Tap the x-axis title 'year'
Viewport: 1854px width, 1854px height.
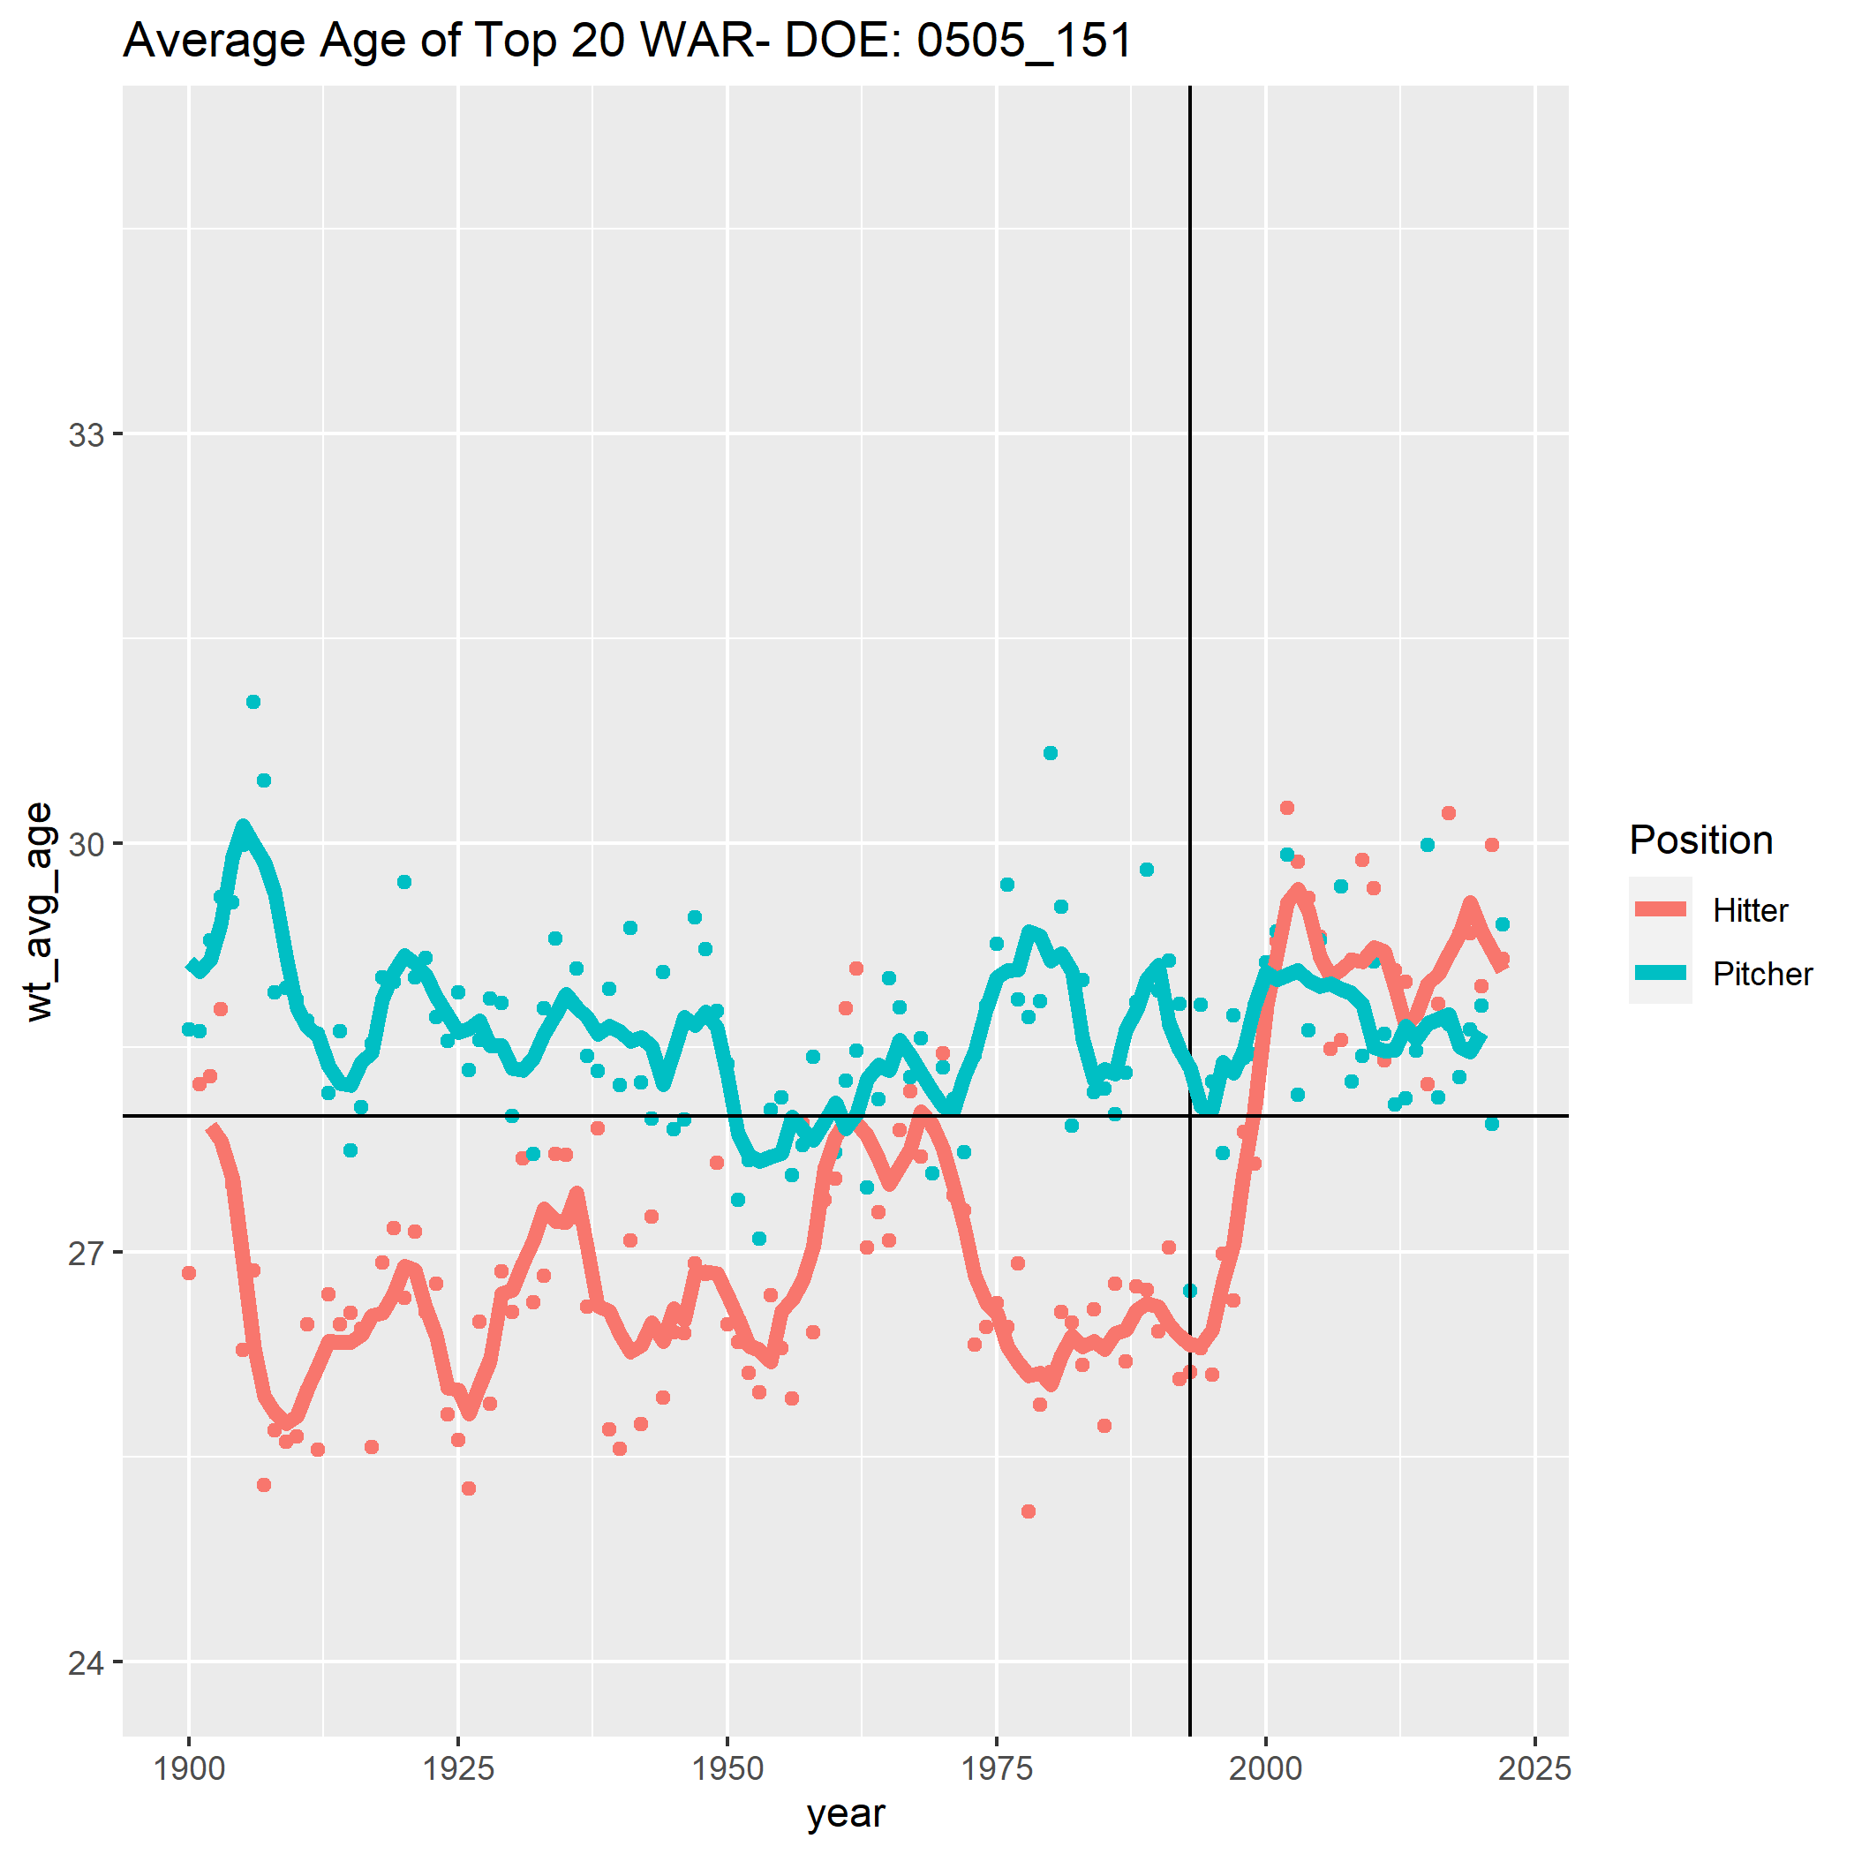pos(846,1813)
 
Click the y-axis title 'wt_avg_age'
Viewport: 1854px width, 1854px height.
pos(41,912)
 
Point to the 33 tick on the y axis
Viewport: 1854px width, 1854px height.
pos(86,435)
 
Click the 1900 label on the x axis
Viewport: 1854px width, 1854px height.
pos(189,1767)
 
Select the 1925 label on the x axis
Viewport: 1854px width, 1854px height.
pos(459,1767)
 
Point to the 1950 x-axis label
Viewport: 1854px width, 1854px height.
pos(727,1767)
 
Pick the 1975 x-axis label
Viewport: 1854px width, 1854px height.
pos(997,1767)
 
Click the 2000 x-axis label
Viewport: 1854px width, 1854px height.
pos(1266,1767)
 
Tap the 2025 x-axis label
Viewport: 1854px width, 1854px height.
pos(1534,1767)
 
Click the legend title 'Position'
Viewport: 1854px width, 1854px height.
pos(1700,840)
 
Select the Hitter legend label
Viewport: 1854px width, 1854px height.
pos(1751,911)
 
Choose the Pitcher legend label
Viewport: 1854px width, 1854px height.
pos(1762,974)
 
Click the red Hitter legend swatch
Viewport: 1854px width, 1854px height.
pos(1660,908)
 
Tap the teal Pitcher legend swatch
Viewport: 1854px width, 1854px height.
pos(1660,972)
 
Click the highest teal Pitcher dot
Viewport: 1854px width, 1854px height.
pos(253,702)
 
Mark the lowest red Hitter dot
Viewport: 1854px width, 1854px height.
pos(1029,1511)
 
